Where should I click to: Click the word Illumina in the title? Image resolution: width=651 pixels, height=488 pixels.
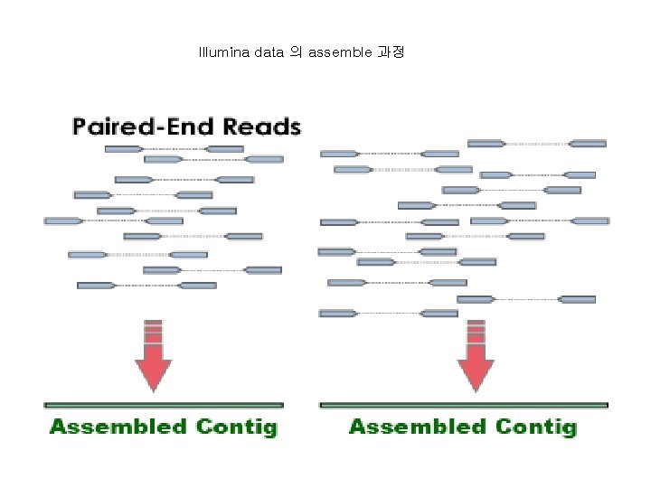[224, 52]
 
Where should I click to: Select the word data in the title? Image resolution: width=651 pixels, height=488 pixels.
[269, 52]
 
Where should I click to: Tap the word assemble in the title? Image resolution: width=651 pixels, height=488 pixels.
[340, 52]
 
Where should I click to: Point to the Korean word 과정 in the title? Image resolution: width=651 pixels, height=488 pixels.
[391, 52]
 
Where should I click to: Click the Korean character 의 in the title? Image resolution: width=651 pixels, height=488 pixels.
[296, 52]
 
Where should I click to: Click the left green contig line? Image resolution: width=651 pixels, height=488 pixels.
[164, 405]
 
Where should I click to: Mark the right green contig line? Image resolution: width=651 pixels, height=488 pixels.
[464, 405]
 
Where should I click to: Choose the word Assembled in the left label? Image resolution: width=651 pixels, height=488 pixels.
[118, 427]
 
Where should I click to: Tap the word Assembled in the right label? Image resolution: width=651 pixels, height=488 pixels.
[419, 427]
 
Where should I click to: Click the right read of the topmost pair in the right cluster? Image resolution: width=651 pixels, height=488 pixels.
[588, 143]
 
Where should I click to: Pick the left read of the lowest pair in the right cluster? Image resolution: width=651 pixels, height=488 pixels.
[337, 314]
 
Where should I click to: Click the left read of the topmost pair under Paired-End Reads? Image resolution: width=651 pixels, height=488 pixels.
[123, 148]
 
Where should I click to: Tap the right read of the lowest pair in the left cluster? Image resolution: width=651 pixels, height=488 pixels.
[197, 286]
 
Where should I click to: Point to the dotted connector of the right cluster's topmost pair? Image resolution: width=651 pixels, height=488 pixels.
[537, 143]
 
